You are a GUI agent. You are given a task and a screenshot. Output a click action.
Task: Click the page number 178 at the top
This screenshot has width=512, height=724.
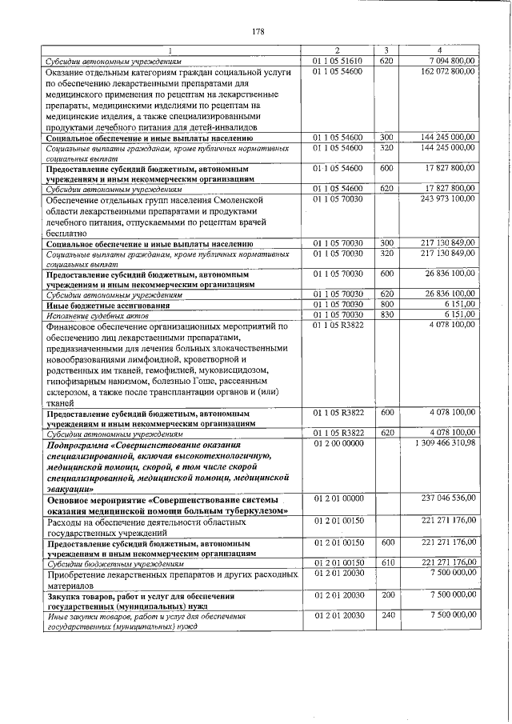click(x=257, y=31)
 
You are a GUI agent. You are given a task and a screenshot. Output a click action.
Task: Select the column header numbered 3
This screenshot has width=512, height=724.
click(x=386, y=50)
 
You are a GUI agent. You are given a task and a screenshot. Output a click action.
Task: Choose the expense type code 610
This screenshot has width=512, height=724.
click(x=386, y=562)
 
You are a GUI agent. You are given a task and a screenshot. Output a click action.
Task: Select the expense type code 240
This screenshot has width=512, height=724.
click(x=386, y=615)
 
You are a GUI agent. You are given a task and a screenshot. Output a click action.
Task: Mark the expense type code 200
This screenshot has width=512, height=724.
click(x=386, y=596)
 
